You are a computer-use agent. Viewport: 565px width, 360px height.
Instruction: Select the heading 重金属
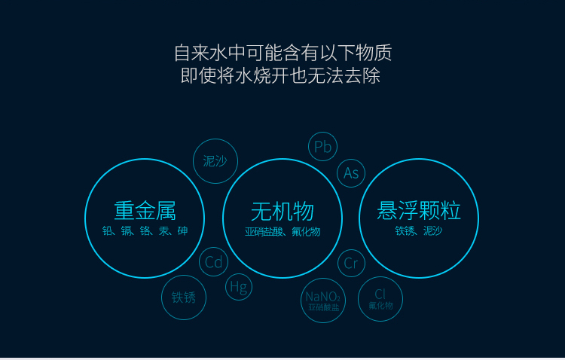point(145,211)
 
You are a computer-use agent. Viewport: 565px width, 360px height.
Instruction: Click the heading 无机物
point(282,212)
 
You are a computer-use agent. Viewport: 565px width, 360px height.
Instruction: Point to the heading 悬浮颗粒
point(419,210)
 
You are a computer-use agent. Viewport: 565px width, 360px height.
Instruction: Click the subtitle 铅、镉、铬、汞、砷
point(145,230)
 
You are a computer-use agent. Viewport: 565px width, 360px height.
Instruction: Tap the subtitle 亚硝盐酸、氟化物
point(282,231)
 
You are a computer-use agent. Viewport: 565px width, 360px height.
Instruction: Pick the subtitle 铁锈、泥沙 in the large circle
point(419,230)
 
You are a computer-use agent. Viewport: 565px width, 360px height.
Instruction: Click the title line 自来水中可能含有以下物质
point(282,53)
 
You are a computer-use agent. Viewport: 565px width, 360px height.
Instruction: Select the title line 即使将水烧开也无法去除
point(280,75)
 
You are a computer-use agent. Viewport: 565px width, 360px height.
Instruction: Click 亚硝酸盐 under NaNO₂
point(324,307)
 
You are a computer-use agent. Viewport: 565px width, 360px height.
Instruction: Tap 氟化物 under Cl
point(380,306)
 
